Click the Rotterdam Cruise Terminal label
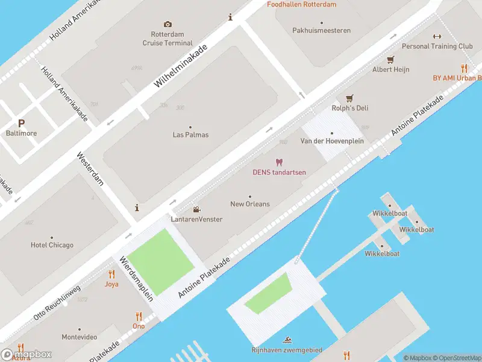point(167,39)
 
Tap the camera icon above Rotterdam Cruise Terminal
point(167,24)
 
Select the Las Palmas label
point(190,135)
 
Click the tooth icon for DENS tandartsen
point(278,162)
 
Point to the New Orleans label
point(250,204)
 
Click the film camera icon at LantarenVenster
point(196,209)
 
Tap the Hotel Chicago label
point(52,245)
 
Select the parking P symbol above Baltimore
point(21,122)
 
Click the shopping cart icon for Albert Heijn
point(390,59)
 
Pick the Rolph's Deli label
point(349,108)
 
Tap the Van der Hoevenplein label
point(331,141)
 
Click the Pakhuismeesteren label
point(321,30)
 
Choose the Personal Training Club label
point(437,46)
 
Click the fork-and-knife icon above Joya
point(111,273)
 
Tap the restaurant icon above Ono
point(139,316)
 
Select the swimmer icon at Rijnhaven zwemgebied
point(286,340)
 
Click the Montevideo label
point(80,337)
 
